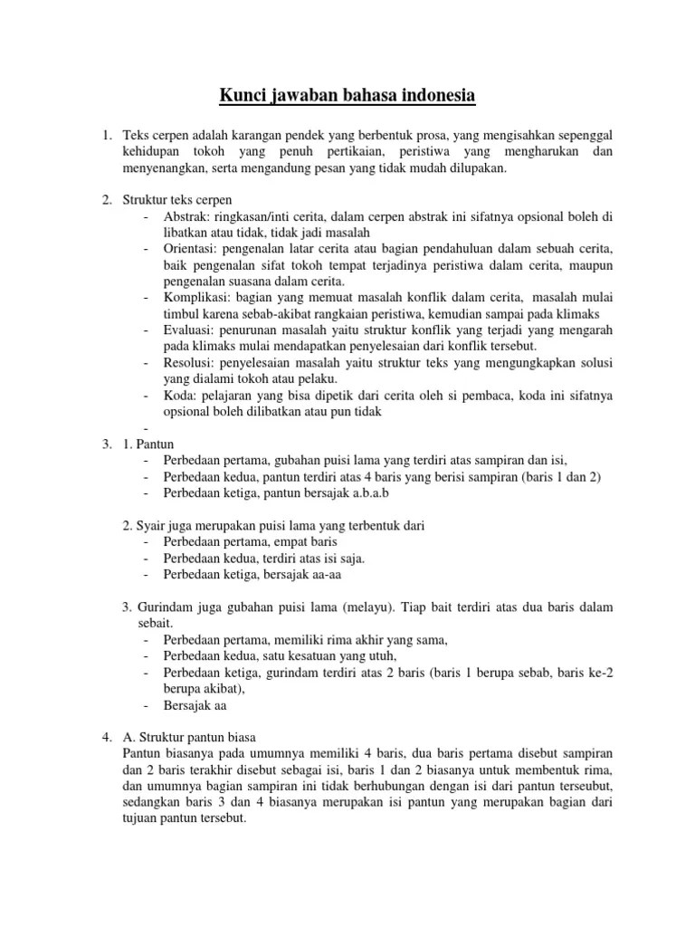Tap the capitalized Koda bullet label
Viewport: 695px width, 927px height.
[179, 395]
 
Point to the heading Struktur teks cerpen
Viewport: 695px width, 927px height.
[180, 200]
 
